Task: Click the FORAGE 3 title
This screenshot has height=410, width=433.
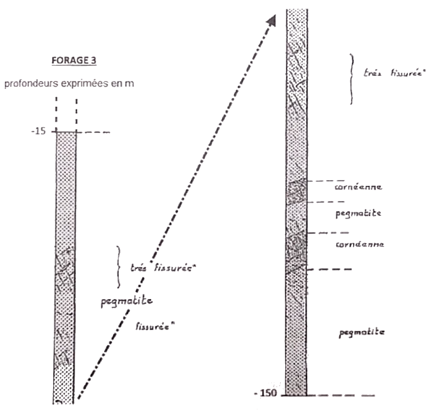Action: click(74, 60)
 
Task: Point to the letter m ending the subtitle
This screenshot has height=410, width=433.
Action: click(129, 84)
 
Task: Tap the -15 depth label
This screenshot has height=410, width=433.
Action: click(38, 131)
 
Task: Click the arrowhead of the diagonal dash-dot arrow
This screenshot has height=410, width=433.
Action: click(271, 21)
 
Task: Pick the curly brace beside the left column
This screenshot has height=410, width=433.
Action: click(119, 267)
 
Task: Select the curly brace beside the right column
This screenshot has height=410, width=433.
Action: click(352, 79)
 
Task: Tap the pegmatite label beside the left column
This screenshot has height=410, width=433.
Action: click(127, 301)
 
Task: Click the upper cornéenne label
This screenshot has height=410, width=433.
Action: click(359, 187)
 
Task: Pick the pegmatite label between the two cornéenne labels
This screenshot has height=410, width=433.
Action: click(359, 213)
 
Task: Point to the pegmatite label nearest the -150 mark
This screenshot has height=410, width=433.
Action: click(362, 332)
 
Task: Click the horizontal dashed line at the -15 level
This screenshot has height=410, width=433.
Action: click(83, 132)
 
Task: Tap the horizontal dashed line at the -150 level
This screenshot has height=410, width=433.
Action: click(328, 396)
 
